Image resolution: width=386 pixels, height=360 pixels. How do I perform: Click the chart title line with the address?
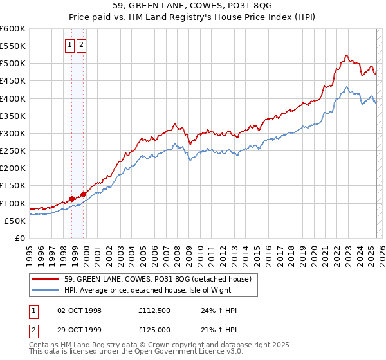(x=192, y=7)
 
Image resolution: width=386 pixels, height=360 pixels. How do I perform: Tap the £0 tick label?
(x=21, y=239)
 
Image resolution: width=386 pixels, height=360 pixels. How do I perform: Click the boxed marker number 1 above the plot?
(x=70, y=45)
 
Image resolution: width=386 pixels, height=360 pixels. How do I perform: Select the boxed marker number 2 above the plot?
(x=81, y=45)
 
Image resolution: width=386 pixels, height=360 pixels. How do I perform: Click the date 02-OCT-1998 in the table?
(x=80, y=310)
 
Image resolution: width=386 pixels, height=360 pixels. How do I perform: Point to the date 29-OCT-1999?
(x=80, y=330)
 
